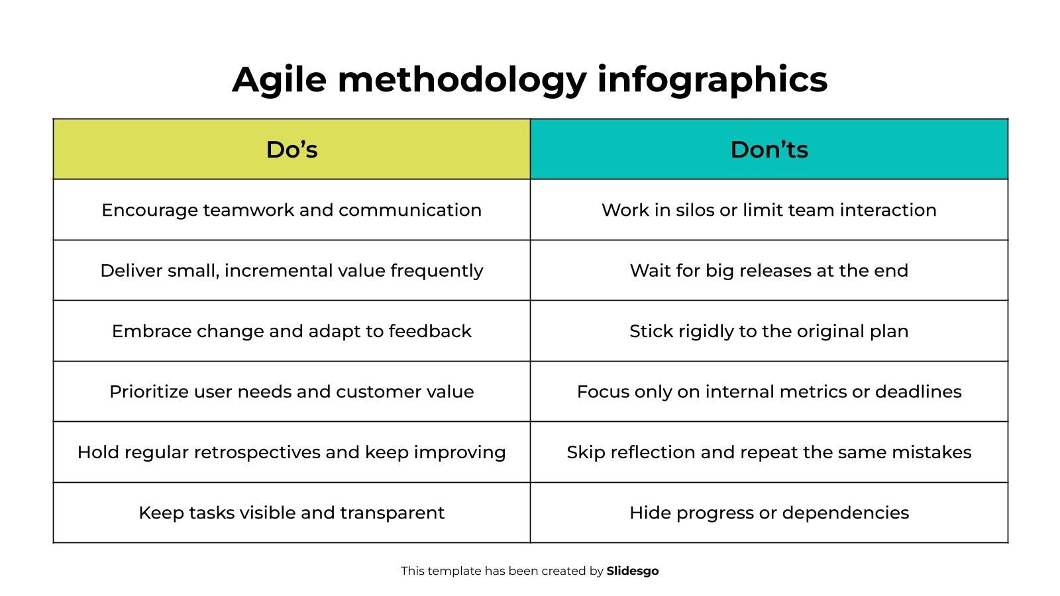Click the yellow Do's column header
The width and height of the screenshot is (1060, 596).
[291, 149]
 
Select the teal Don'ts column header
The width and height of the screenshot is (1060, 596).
[769, 149]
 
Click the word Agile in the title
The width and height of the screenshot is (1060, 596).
[279, 80]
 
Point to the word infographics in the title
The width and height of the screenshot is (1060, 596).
[712, 80]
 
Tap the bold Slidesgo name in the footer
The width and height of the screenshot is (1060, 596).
[633, 571]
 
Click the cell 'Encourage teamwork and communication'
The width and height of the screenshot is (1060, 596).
[291, 209]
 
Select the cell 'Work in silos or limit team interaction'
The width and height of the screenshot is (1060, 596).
[769, 209]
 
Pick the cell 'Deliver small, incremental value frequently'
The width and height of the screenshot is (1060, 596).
[291, 270]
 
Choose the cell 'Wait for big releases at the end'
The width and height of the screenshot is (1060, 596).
[769, 270]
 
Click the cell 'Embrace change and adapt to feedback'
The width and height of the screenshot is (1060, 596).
[291, 330]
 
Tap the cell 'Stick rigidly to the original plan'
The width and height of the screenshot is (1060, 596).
[769, 330]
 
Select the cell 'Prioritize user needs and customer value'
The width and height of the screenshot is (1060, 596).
[291, 391]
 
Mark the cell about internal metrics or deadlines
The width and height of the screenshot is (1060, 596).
[769, 391]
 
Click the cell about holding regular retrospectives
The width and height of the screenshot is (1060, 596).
[291, 452]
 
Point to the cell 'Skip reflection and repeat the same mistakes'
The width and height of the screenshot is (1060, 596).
[769, 452]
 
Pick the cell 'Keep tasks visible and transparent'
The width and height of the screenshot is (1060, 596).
[291, 513]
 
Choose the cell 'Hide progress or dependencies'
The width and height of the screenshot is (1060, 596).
[769, 513]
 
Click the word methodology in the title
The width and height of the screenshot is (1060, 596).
[462, 80]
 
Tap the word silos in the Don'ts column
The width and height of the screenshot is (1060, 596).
[695, 209]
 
